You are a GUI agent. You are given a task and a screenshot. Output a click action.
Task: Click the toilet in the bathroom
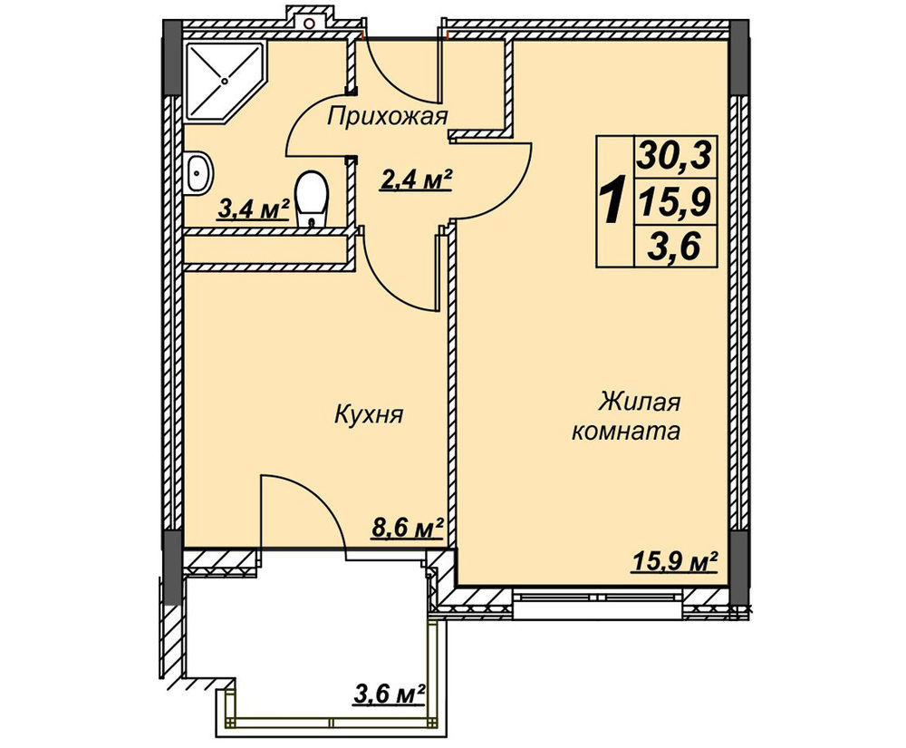click(x=312, y=199)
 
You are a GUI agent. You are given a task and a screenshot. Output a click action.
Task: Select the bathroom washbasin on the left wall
click(x=198, y=171)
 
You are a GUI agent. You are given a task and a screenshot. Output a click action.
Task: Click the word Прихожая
click(x=387, y=117)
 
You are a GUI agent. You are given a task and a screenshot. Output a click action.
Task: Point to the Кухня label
click(x=368, y=415)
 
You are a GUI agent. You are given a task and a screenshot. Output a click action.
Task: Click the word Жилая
click(x=640, y=402)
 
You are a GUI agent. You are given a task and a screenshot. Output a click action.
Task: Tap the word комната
click(x=626, y=432)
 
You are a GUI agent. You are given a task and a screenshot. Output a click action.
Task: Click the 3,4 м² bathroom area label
click(x=253, y=209)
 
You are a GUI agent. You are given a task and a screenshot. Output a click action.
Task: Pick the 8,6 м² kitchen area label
click(x=408, y=528)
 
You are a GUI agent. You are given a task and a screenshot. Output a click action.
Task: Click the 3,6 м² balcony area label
click(x=390, y=693)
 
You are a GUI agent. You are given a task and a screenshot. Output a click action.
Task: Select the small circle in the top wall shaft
click(x=310, y=24)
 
